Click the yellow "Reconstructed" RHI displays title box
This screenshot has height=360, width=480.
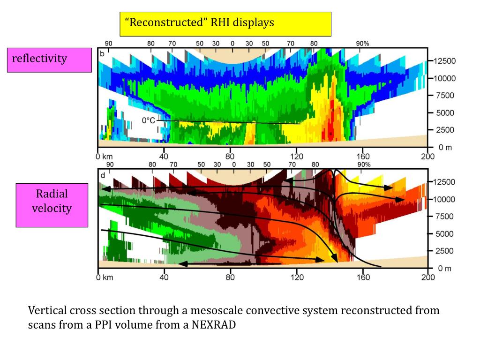(225, 24)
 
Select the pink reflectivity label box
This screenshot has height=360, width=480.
(49, 60)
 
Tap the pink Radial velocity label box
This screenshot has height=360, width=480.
(52, 205)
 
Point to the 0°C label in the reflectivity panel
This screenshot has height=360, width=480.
(149, 120)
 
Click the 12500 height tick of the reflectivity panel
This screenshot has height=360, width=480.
(443, 61)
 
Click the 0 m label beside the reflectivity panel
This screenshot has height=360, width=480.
(445, 147)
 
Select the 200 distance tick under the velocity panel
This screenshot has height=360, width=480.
(428, 277)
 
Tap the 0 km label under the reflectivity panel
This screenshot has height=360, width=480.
(105, 157)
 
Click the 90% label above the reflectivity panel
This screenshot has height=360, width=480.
(363, 44)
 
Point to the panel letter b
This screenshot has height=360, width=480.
(102, 53)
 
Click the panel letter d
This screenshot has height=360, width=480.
(102, 175)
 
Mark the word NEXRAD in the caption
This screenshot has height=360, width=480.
(213, 325)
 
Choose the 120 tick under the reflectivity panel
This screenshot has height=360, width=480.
(296, 157)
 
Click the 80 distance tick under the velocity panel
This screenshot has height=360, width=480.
(230, 277)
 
